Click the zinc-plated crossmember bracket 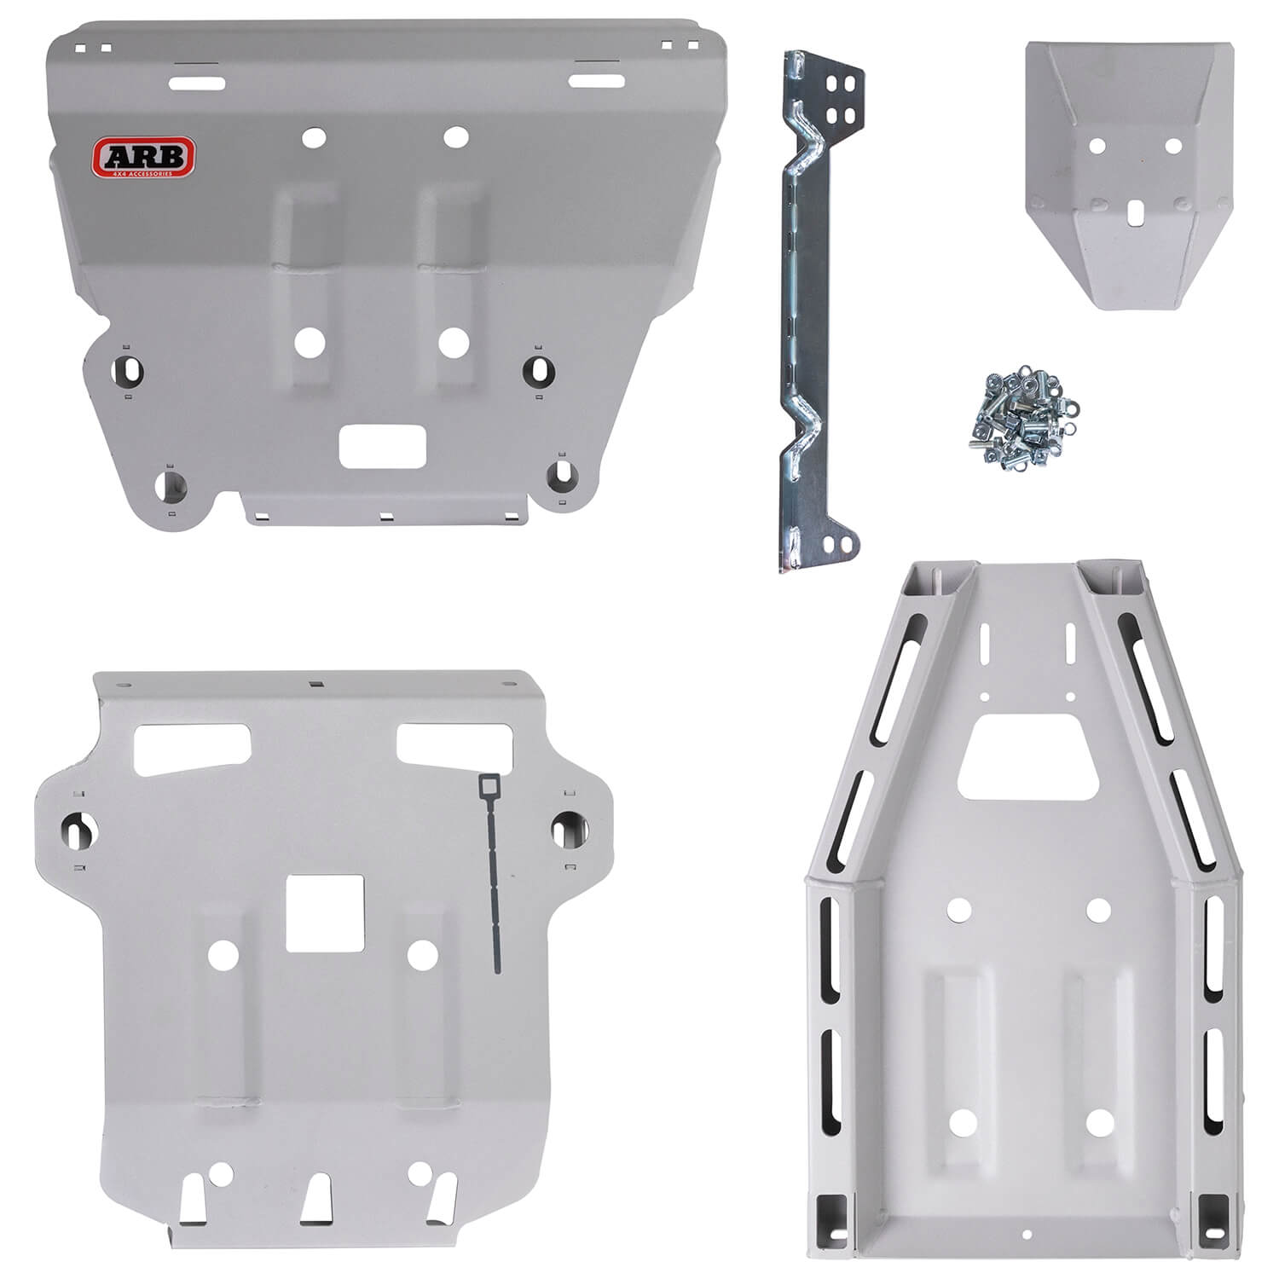click(814, 307)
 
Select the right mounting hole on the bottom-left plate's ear click(564, 826)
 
